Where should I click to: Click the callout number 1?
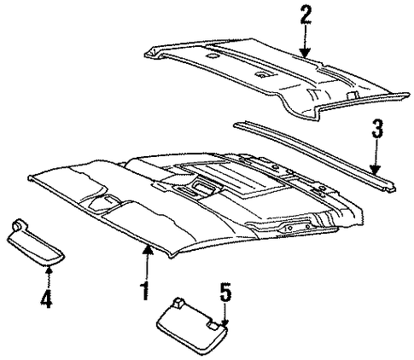point(145,291)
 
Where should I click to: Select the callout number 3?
point(377,129)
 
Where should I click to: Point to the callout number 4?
point(46,299)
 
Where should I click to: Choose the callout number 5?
point(225,292)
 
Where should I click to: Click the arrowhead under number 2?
point(305,53)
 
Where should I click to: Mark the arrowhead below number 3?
point(376,170)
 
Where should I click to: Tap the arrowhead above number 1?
point(148,249)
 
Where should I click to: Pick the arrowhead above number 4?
point(50,269)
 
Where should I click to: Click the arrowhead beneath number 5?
point(225,323)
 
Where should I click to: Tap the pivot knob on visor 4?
point(18,224)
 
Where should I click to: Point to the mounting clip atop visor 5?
point(178,302)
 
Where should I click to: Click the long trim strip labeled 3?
point(314,156)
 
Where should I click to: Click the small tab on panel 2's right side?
point(353,96)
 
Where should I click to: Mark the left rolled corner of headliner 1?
point(30,178)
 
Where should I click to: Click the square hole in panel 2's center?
point(261,75)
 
